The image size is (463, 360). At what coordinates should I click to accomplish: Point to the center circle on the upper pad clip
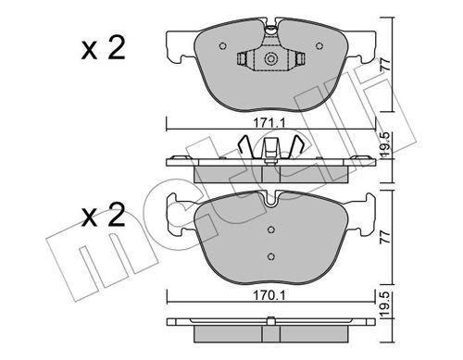(x=272, y=61)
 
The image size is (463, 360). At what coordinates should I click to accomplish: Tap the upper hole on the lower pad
(x=271, y=230)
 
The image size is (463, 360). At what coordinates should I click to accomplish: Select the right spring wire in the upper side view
(x=298, y=146)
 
